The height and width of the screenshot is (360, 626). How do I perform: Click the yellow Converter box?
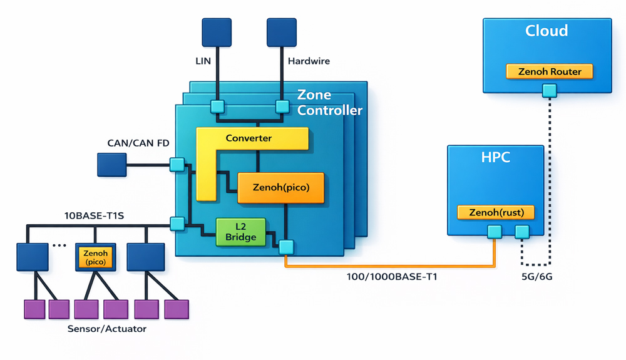pos(250,139)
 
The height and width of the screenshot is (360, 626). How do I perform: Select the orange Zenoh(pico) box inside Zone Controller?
pos(280,187)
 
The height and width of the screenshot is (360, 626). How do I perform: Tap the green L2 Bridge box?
pos(241,231)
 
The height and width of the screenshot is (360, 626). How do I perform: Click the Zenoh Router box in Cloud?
pos(549,71)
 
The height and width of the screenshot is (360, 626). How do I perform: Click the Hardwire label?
pos(308,61)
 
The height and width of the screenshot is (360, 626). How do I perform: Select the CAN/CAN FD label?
pos(138,143)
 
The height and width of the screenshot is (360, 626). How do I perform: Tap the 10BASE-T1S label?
pos(94,215)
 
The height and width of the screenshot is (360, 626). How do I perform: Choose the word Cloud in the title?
pos(546,31)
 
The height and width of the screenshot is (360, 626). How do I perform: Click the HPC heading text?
pos(495,157)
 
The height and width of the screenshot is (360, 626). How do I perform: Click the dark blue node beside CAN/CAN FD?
pos(112,165)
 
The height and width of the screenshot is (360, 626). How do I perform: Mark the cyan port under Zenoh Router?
pos(549,91)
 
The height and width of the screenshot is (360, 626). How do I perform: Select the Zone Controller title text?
pos(329,103)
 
